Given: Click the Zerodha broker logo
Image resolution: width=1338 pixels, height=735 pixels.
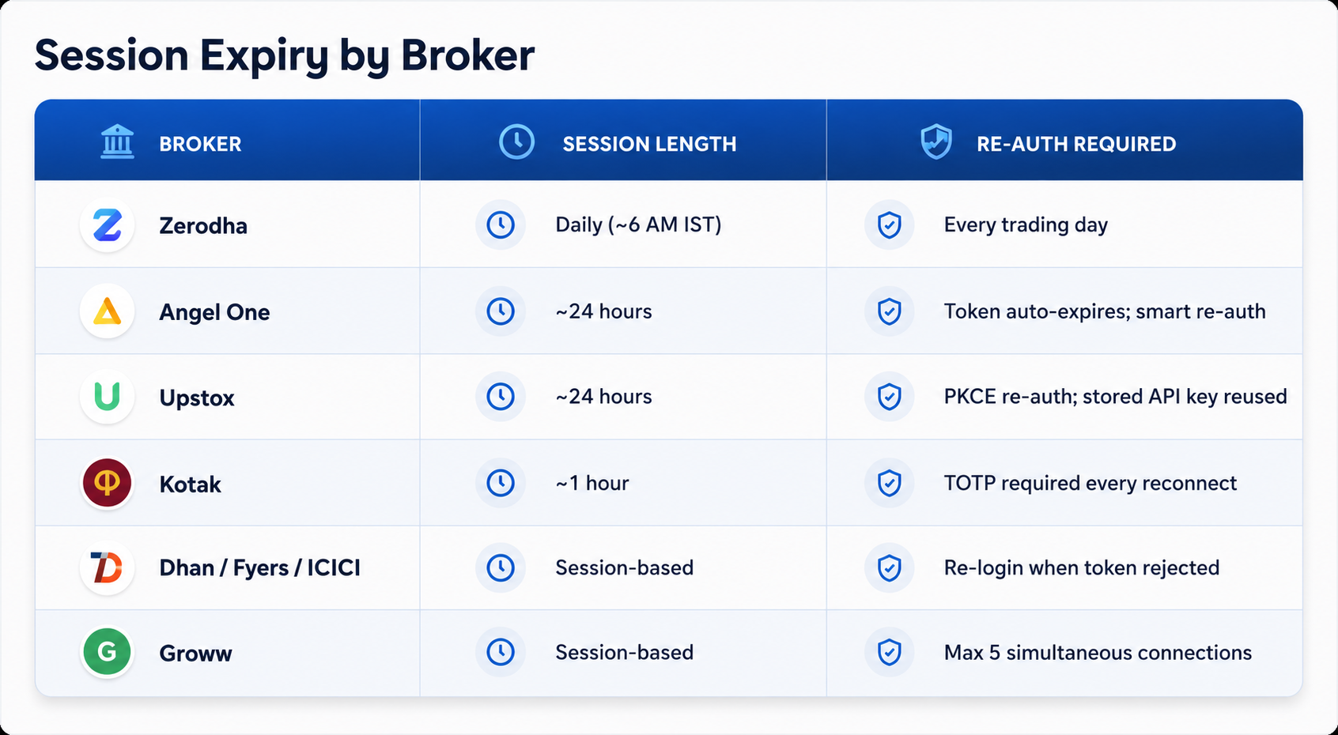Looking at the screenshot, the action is click(x=107, y=225).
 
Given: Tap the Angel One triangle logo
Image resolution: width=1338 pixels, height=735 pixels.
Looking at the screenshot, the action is click(x=107, y=311).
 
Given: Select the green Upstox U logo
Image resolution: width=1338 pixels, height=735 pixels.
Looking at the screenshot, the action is click(x=107, y=397).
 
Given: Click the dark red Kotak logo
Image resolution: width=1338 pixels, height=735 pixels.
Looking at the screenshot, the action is click(x=107, y=482).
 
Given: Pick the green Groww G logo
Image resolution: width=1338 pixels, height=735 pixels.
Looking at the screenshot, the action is click(x=107, y=651).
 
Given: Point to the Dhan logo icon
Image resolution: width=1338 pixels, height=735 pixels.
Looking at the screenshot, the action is click(x=107, y=567).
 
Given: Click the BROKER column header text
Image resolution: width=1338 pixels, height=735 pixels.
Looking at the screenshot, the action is click(x=200, y=144).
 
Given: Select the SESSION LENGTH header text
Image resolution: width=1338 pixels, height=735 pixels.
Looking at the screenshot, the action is click(x=649, y=144).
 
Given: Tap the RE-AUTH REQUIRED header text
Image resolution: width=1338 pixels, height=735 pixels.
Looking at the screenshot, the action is click(x=1076, y=144).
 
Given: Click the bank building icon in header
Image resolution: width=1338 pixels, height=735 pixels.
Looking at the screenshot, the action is click(x=117, y=141).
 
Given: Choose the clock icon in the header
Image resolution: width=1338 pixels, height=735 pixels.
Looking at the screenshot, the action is click(x=516, y=141).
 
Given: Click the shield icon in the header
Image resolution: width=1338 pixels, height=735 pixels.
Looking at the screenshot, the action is click(x=936, y=141).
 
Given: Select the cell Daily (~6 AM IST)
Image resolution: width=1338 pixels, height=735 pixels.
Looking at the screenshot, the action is click(x=638, y=225).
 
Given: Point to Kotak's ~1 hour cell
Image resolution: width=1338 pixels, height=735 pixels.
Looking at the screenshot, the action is click(x=592, y=483).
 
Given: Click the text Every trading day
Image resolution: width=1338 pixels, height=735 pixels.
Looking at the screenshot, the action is click(x=1026, y=225).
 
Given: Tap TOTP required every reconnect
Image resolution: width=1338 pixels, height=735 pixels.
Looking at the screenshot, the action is click(x=1090, y=483).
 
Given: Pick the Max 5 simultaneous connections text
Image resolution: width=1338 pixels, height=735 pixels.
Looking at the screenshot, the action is click(x=1098, y=653).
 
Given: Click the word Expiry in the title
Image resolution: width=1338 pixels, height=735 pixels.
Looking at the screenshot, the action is click(x=264, y=56).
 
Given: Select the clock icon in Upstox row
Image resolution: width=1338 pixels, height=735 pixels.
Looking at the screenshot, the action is click(x=501, y=397).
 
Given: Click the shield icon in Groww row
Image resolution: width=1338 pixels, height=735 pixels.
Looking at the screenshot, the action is click(x=890, y=651).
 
